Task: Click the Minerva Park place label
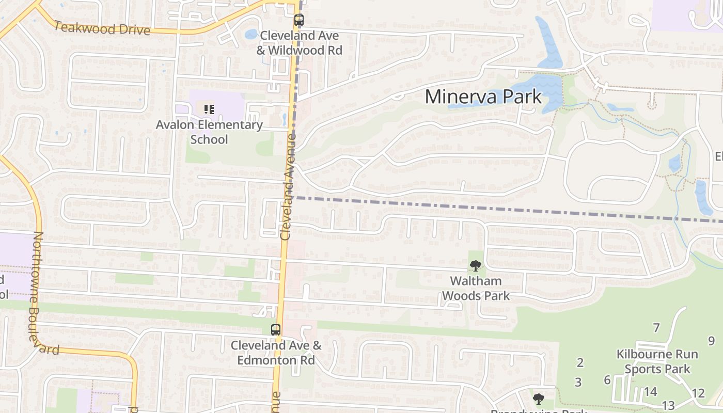483,97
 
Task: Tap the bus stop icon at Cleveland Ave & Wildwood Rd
299,21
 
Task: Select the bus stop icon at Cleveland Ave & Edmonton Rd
276,330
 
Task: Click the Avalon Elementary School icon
209,109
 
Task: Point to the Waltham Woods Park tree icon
475,266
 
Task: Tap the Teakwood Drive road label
102,28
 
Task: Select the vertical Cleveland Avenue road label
288,187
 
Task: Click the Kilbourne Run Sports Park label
657,361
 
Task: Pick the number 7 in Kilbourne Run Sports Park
656,328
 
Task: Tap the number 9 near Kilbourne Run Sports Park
711,341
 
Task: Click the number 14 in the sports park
650,392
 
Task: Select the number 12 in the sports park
698,393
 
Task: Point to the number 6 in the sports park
607,380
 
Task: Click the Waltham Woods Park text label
476,288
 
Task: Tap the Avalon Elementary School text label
209,132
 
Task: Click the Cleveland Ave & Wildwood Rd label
300,43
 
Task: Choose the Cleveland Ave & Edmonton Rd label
276,353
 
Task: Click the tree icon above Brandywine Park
539,399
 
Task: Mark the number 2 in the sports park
580,362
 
